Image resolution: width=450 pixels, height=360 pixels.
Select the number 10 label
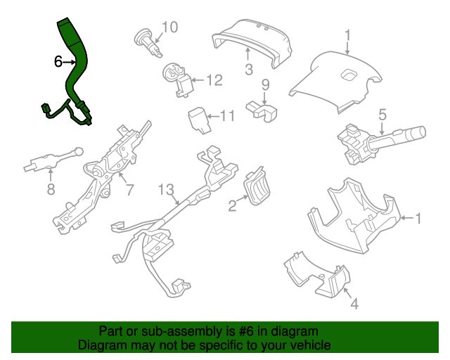click(x=170, y=28)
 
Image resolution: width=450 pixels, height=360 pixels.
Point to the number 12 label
click(x=214, y=80)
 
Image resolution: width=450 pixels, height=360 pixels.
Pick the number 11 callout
click(x=227, y=116)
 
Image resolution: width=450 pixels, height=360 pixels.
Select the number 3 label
click(x=248, y=70)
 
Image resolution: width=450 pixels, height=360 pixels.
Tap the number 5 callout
click(x=382, y=114)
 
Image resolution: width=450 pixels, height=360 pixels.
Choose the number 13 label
click(x=165, y=189)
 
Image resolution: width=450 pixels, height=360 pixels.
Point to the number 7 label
click(x=129, y=189)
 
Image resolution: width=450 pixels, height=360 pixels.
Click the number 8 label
click(x=51, y=189)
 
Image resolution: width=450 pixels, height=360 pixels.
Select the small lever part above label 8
click(x=53, y=160)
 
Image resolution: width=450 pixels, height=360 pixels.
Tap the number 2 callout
click(x=232, y=205)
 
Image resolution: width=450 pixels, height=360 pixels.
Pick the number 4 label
click(x=354, y=304)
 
